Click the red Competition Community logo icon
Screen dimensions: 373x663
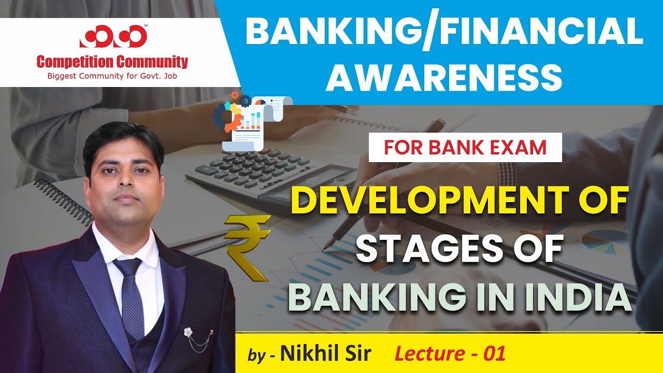pos(113,37)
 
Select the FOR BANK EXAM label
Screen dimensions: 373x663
pos(465,148)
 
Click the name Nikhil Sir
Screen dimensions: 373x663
pos(326,354)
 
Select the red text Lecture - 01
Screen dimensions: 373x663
pos(450,354)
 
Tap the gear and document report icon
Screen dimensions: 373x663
pos(251,122)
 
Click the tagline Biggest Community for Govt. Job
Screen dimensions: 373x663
pos(112,77)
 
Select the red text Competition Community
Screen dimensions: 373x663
pos(112,63)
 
